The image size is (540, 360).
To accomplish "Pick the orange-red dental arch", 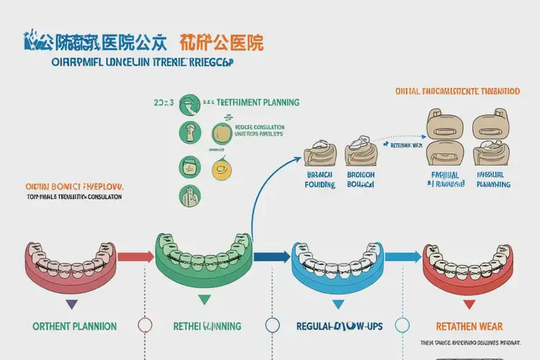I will pos(468,266).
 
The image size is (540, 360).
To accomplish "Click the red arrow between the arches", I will pos(135,256).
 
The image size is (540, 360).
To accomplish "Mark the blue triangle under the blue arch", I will pos(337,303).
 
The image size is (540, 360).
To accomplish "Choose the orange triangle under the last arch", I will pos(467,302).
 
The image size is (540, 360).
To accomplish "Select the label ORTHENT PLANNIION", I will pos(75,326).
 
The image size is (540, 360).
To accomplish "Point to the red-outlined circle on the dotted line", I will pos(144,325).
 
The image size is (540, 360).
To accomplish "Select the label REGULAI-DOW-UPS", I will pos(339,326).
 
